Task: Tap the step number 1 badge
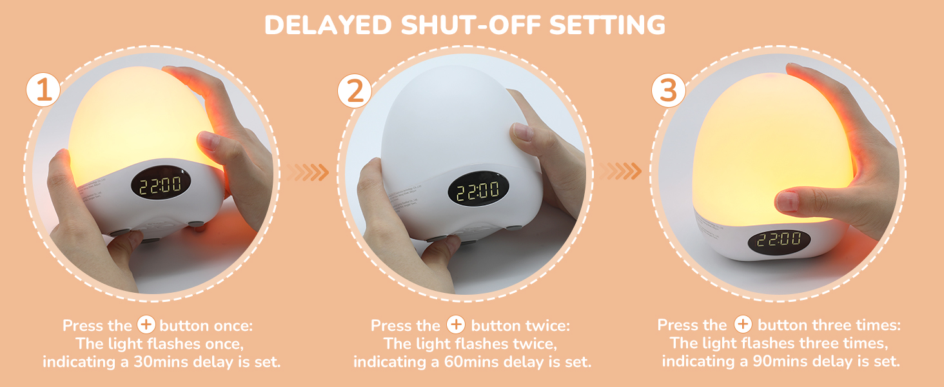[43, 90]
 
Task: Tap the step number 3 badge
[668, 91]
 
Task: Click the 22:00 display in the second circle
[477, 190]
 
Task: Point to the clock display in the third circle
[779, 241]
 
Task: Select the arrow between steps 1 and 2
[308, 172]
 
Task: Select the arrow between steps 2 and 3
[622, 171]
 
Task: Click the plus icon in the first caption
[147, 324]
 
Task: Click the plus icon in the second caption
[456, 324]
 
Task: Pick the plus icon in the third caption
[743, 324]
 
